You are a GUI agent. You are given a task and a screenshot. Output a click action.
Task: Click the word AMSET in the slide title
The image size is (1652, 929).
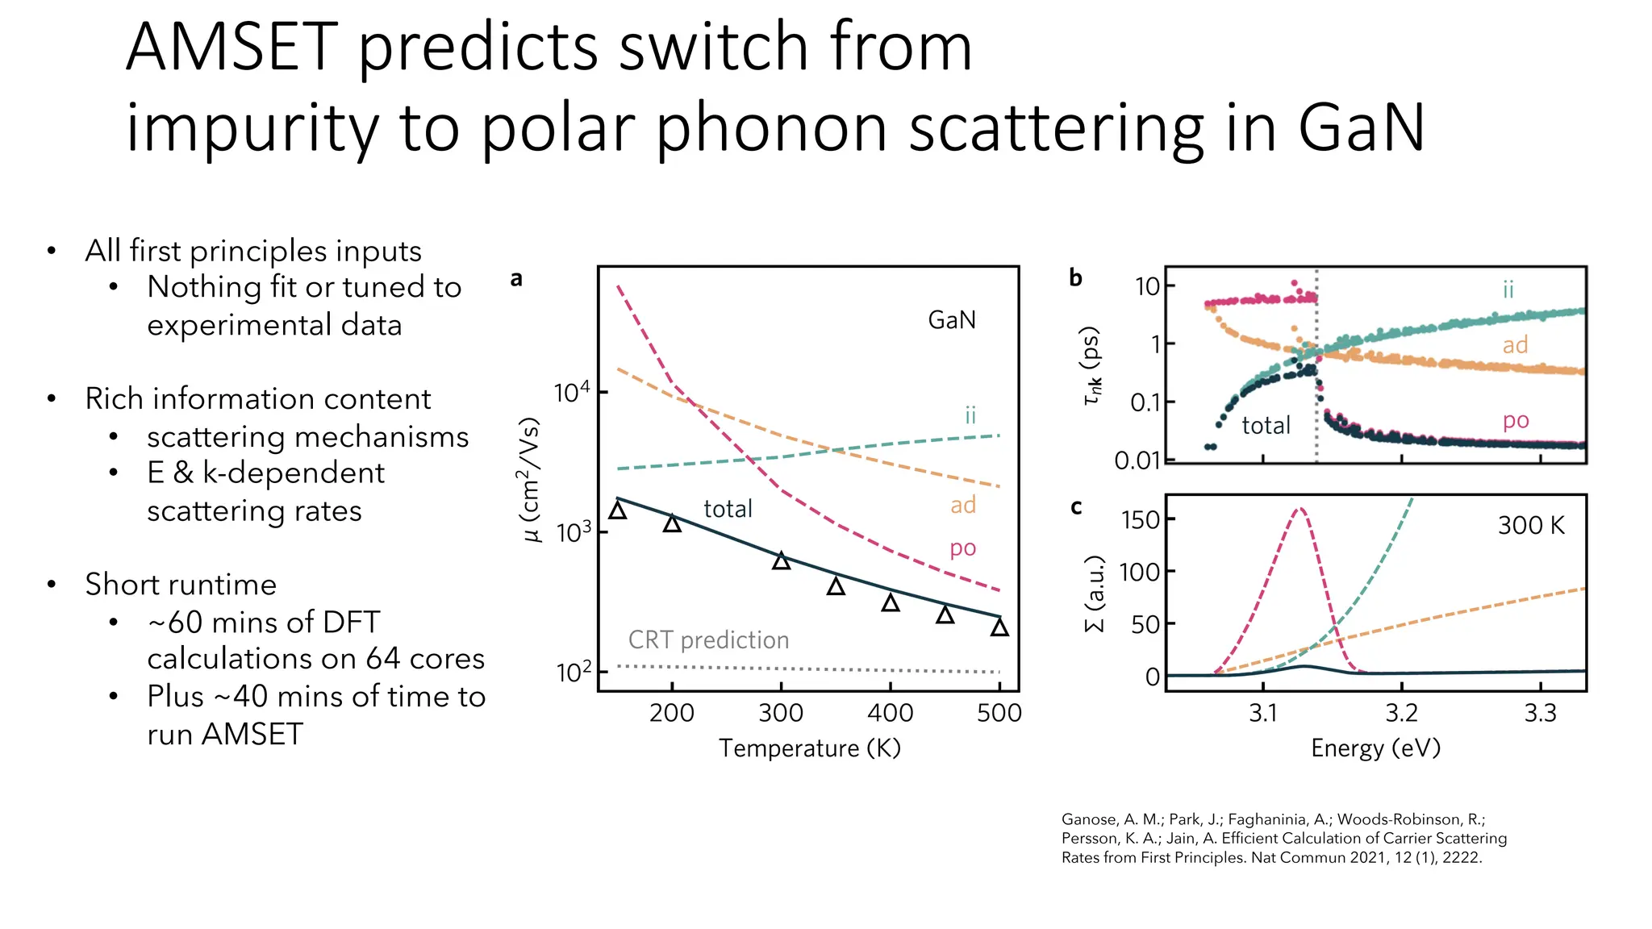[232, 47]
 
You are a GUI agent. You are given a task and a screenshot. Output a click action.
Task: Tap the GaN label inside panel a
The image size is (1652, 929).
[952, 320]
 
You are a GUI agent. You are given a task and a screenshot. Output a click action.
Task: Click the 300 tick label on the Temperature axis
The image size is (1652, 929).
[781, 713]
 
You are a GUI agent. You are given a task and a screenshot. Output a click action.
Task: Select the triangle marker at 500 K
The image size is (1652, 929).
[999, 627]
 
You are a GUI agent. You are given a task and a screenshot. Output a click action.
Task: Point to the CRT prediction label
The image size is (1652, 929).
[708, 640]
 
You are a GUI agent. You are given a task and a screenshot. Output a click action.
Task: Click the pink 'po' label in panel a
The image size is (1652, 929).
[962, 548]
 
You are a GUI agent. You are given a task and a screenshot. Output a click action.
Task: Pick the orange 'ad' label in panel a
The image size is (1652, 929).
[962, 506]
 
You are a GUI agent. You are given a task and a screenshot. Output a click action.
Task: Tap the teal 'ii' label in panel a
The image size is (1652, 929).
[970, 415]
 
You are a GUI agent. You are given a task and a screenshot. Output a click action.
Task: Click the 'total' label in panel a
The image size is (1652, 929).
[728, 509]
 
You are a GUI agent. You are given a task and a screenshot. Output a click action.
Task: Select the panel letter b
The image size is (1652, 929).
[1075, 278]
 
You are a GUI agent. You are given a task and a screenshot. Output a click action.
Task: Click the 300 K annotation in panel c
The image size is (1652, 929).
[1530, 526]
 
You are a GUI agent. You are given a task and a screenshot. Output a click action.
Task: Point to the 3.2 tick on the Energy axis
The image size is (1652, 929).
[1402, 713]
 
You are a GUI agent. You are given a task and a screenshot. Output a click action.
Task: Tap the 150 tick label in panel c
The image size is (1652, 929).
[1141, 520]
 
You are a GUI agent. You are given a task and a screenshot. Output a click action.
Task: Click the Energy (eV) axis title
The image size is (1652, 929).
[1375, 748]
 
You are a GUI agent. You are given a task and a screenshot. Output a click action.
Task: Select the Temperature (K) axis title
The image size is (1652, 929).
[809, 748]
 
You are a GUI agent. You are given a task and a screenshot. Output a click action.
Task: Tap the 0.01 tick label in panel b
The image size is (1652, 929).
[1137, 461]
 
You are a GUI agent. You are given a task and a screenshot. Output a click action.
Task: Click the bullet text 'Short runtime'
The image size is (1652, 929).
[181, 585]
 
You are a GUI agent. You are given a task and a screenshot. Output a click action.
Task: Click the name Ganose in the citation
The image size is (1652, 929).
[1089, 819]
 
